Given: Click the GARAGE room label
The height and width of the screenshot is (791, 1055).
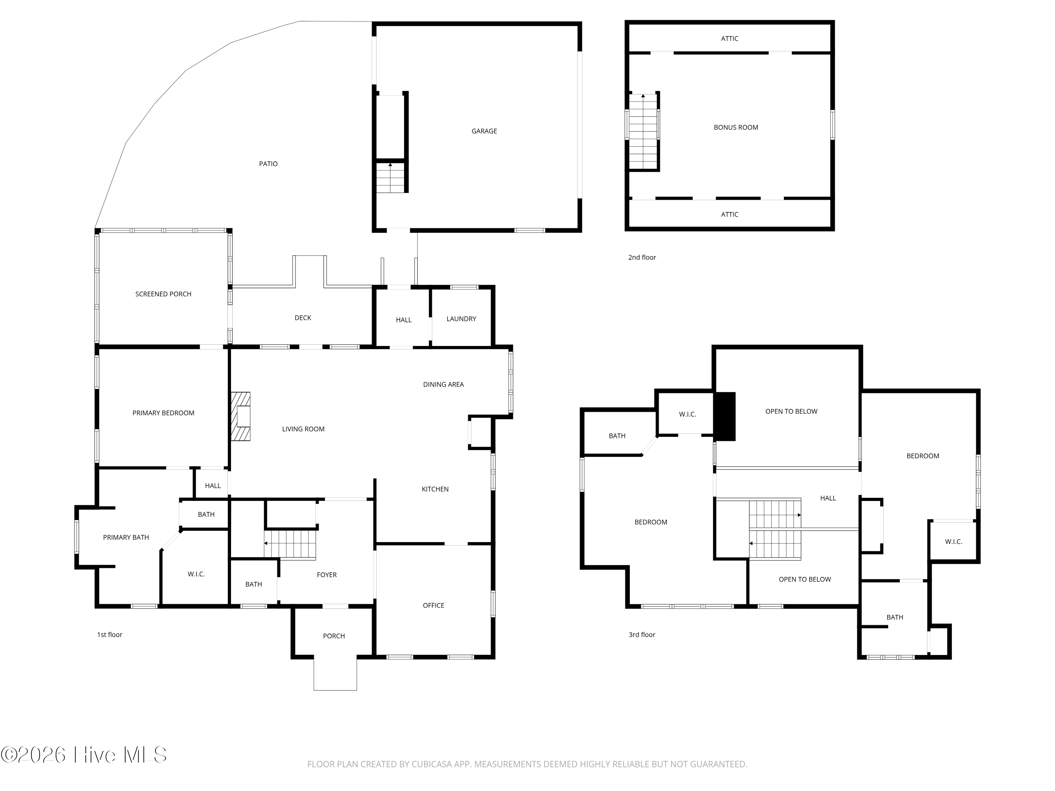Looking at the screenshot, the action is click(484, 131).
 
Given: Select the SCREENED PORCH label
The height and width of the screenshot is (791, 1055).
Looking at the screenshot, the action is click(163, 294).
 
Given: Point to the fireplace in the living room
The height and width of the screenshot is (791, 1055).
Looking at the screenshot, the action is click(241, 416).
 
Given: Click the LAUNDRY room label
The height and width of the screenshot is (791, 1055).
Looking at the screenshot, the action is click(461, 319).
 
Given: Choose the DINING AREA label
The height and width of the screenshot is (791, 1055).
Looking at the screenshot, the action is click(443, 384).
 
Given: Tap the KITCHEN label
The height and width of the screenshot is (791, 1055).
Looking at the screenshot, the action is click(435, 489).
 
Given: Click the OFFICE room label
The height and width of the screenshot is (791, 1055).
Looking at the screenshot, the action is click(433, 605).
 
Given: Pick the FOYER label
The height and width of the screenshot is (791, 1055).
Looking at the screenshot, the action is click(327, 575).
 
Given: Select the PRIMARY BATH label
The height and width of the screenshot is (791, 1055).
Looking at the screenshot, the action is click(126, 537).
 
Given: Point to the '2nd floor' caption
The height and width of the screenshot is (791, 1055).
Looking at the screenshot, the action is click(642, 257).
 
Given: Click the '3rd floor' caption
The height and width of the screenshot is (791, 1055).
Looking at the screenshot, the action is click(642, 635).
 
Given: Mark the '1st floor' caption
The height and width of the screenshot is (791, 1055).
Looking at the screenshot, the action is click(110, 635).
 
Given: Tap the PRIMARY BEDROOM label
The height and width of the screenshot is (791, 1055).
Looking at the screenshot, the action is click(163, 413).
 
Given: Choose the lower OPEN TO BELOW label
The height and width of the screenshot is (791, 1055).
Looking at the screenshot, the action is click(805, 579).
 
